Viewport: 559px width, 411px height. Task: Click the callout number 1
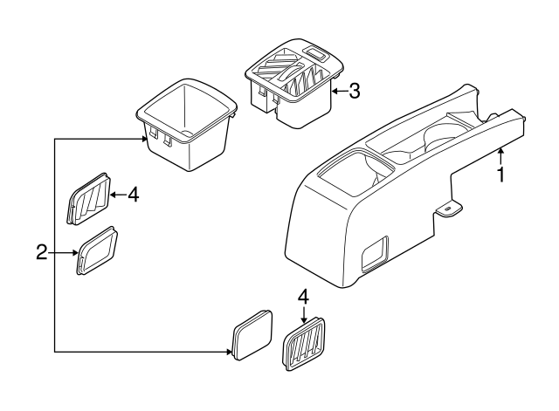[x=500, y=175]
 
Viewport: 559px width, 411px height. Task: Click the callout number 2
[x=42, y=252]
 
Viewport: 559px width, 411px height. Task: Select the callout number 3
[x=354, y=91]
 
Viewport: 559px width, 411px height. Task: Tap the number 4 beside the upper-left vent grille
[x=133, y=195]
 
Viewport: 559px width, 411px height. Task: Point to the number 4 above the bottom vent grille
[x=303, y=297]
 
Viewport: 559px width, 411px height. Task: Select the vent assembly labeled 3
[x=294, y=83]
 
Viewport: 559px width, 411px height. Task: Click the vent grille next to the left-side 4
[x=89, y=199]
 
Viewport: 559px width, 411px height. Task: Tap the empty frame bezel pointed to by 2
[x=97, y=250]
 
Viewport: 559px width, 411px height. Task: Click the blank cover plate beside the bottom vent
[x=252, y=335]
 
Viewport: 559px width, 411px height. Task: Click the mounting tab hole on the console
[x=447, y=209]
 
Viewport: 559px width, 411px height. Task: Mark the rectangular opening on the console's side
[x=375, y=254]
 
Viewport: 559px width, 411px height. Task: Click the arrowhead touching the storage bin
[x=144, y=139]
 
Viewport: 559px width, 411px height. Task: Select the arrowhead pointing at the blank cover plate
[x=229, y=352]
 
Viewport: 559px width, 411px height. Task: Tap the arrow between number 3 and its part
[x=339, y=92]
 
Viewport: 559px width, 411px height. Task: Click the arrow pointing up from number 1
[x=500, y=157]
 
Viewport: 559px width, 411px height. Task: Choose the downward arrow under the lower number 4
[x=303, y=315]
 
